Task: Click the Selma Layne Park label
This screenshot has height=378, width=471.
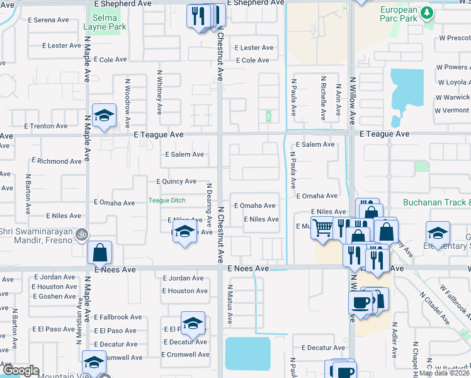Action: tap(105, 22)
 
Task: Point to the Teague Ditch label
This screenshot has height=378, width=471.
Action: tap(167, 201)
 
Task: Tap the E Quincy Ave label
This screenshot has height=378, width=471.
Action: tap(176, 181)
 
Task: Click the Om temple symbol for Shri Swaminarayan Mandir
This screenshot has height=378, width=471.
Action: tap(80, 234)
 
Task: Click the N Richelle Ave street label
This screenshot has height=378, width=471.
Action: tap(323, 98)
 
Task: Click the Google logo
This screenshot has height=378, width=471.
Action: tap(20, 371)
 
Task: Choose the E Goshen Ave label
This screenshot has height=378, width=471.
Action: tap(55, 296)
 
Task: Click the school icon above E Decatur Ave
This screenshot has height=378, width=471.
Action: tap(193, 323)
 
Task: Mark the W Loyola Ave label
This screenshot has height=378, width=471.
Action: tap(453, 82)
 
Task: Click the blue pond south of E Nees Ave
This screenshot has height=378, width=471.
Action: tap(247, 353)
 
